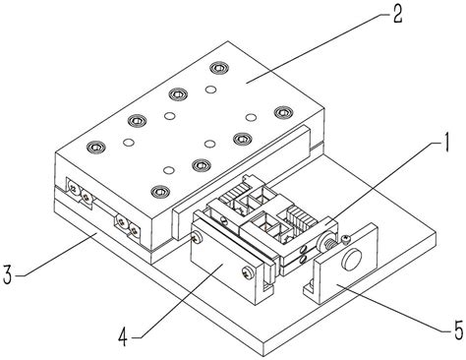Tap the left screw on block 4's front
[198, 237]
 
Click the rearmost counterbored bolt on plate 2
[216, 68]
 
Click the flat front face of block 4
[221, 270]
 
